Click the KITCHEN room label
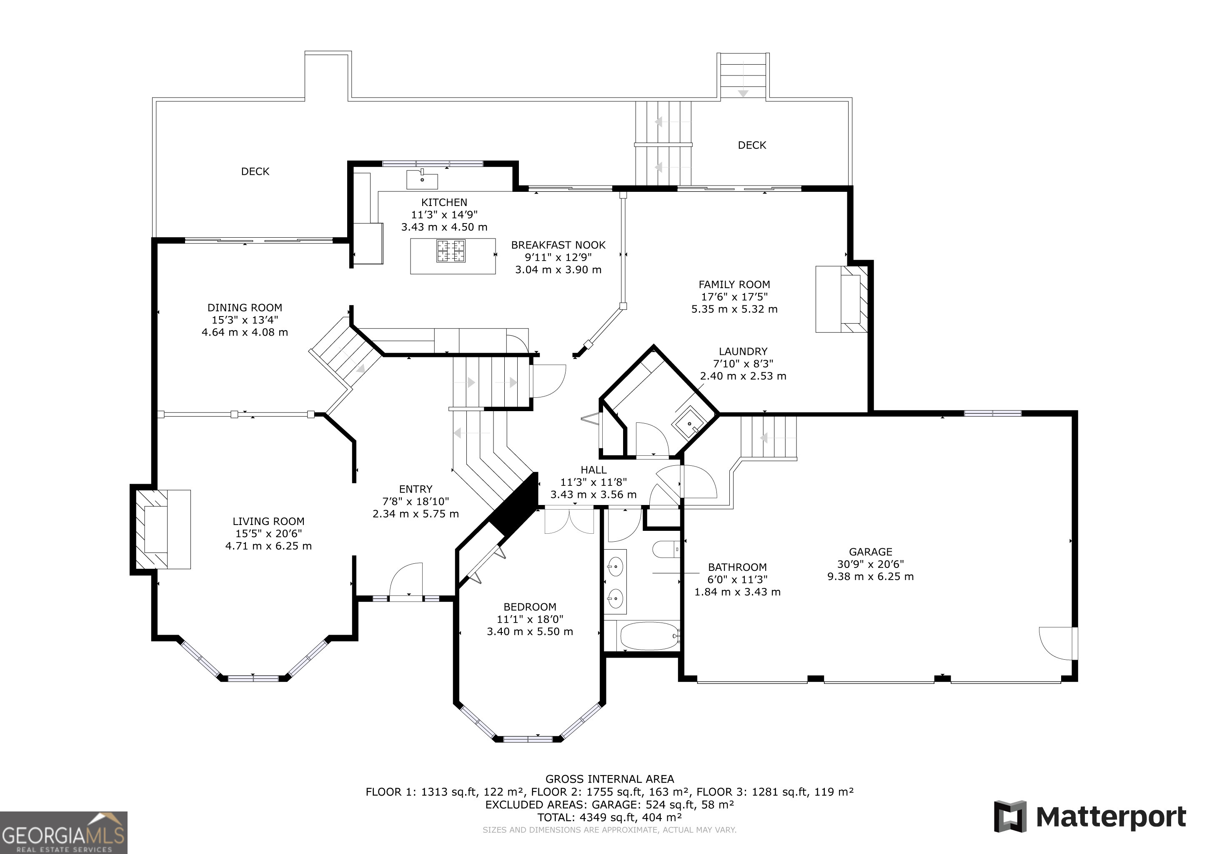tap(444, 203)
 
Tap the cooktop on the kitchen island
tap(451, 251)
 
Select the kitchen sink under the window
tap(422, 179)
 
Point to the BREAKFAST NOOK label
tap(558, 245)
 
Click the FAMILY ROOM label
tap(734, 284)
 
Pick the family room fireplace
tap(841, 299)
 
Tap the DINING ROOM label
tap(245, 308)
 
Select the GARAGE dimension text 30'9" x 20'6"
tap(871, 564)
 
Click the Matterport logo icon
tap(1009, 816)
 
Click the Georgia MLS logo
tap(64, 832)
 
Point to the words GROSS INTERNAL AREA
tap(610, 779)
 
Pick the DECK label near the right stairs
tap(752, 145)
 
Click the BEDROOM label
tap(530, 607)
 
